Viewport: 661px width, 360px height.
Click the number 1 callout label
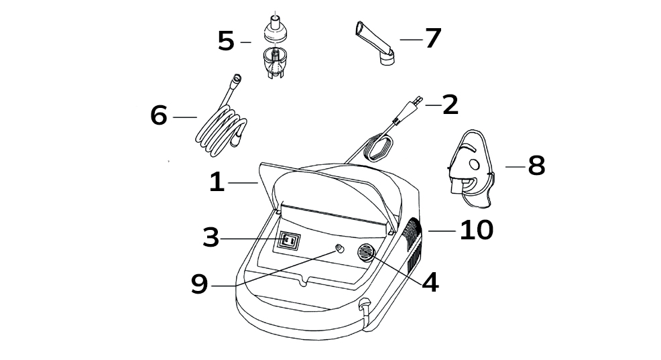[x=217, y=182]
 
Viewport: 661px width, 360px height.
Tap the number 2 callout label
[x=450, y=105]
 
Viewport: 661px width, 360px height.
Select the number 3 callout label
[x=211, y=238]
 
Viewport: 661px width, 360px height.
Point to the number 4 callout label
[x=430, y=282]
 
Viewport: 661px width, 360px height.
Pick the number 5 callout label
[x=226, y=42]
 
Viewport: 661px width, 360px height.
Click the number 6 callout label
[x=159, y=115]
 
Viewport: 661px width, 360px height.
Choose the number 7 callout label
[x=433, y=38]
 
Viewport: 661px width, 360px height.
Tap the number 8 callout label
[x=536, y=165]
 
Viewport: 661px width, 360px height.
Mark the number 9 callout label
[x=199, y=284]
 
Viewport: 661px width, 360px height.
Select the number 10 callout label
[x=477, y=230]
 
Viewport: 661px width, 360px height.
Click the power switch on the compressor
[x=289, y=241]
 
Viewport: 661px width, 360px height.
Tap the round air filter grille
[x=366, y=253]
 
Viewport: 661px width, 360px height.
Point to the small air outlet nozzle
[x=339, y=249]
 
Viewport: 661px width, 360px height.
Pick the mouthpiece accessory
[x=375, y=43]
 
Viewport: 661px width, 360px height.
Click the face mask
[x=471, y=169]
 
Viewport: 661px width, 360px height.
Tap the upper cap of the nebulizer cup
[x=275, y=29]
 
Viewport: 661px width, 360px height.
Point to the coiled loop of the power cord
[x=379, y=148]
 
